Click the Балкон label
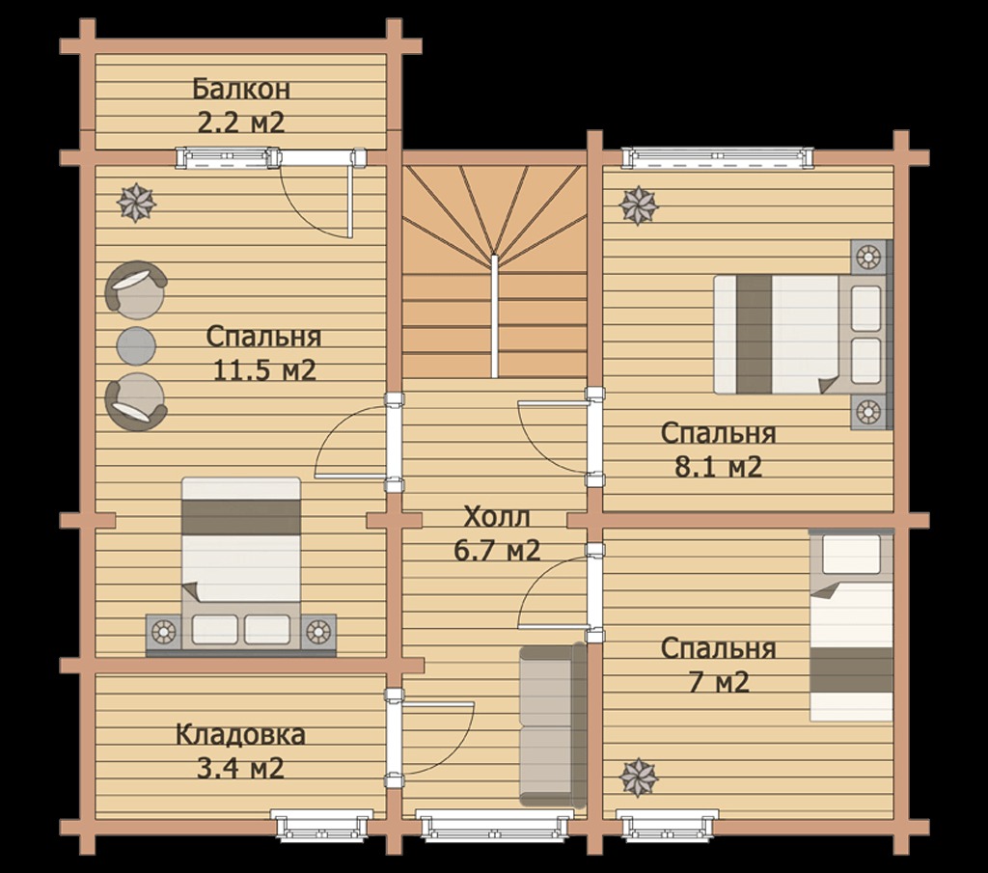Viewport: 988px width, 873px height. pyautogui.click(x=241, y=89)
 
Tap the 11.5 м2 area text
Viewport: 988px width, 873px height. pyautogui.click(x=264, y=370)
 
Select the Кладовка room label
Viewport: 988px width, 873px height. pyautogui.click(x=240, y=735)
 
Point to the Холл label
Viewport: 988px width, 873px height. pyautogui.click(x=497, y=517)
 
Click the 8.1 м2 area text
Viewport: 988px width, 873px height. pyautogui.click(x=718, y=467)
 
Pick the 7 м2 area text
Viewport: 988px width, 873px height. pyautogui.click(x=718, y=682)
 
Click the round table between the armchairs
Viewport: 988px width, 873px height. pyautogui.click(x=136, y=345)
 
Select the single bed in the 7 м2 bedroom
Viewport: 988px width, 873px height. pyautogui.click(x=851, y=626)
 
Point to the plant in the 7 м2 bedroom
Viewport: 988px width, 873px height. pyautogui.click(x=639, y=778)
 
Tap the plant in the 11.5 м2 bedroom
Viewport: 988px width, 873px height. pyautogui.click(x=136, y=203)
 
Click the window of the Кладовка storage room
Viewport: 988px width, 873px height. pyautogui.click(x=321, y=825)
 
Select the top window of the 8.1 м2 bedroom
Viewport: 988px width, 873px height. pyautogui.click(x=717, y=157)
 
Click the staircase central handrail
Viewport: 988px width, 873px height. pyautogui.click(x=495, y=315)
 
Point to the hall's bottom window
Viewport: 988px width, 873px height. pyautogui.click(x=495, y=825)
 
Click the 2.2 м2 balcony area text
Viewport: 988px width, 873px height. pyautogui.click(x=241, y=123)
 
